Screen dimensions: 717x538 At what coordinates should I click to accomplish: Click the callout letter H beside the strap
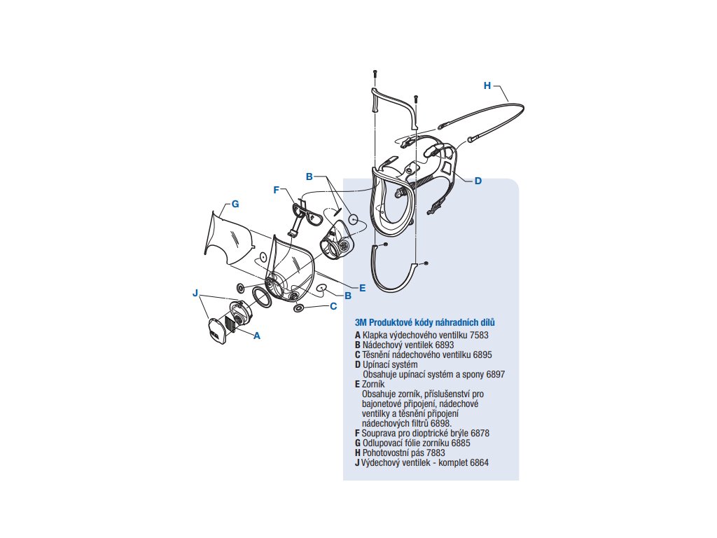click(487, 85)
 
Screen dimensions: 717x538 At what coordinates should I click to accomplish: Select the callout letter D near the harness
click(478, 181)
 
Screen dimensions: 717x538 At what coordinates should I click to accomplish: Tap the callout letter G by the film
click(235, 204)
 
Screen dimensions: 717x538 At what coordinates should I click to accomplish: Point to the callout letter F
click(276, 190)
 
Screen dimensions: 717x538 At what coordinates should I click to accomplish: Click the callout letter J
click(196, 293)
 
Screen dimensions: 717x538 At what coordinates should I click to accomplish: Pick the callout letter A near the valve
click(256, 336)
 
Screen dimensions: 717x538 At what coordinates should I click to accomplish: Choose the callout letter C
click(333, 306)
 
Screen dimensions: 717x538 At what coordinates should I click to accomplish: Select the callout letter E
click(363, 288)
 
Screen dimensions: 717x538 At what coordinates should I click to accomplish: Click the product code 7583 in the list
click(479, 335)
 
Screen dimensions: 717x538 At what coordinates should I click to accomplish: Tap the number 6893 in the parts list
click(445, 345)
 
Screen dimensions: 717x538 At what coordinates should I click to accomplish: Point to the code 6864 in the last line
click(479, 462)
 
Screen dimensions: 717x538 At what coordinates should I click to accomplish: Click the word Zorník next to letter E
click(373, 385)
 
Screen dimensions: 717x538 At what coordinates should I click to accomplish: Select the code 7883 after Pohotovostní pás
click(436, 453)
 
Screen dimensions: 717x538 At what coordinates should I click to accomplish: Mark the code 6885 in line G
click(461, 443)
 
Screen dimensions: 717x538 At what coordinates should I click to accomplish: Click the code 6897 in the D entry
click(496, 374)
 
